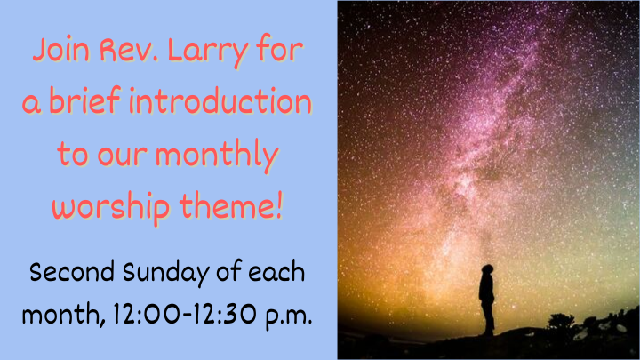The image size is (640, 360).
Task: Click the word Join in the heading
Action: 60,51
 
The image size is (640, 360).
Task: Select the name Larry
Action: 216,52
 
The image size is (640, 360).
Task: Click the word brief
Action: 89,102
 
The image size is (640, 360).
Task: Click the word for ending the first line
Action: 278,51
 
